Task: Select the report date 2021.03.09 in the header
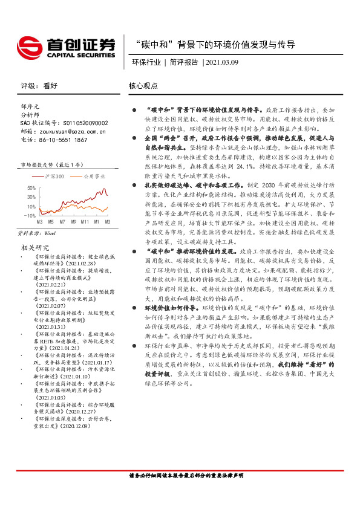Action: [x=223, y=62]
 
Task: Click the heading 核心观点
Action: [x=143, y=86]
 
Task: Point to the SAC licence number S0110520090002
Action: [x=82, y=122]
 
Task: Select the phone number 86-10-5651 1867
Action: [x=63, y=139]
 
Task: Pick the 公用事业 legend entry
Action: [x=94, y=176]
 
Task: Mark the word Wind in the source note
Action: [x=50, y=232]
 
